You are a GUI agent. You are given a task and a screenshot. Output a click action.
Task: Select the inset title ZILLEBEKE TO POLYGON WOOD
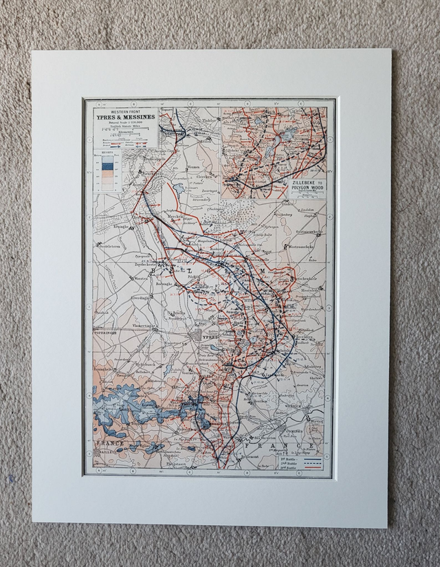pyautogui.click(x=307, y=186)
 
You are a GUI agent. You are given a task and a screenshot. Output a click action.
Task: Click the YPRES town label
pyautogui.click(x=209, y=338)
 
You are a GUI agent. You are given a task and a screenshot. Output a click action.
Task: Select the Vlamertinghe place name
pyautogui.click(x=163, y=322)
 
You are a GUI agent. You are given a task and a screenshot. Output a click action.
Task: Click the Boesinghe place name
pyautogui.click(x=168, y=280)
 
